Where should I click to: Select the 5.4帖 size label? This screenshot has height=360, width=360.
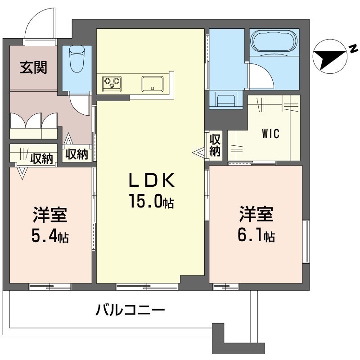(49, 237)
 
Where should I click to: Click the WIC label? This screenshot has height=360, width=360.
(271, 134)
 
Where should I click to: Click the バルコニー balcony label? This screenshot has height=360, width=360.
(130, 310)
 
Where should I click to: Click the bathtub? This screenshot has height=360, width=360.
(274, 42)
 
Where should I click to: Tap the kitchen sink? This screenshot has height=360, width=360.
(153, 83)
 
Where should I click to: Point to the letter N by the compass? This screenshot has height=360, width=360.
(353, 47)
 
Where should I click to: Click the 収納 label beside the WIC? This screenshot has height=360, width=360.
(215, 145)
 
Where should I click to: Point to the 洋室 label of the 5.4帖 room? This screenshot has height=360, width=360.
(49, 216)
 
